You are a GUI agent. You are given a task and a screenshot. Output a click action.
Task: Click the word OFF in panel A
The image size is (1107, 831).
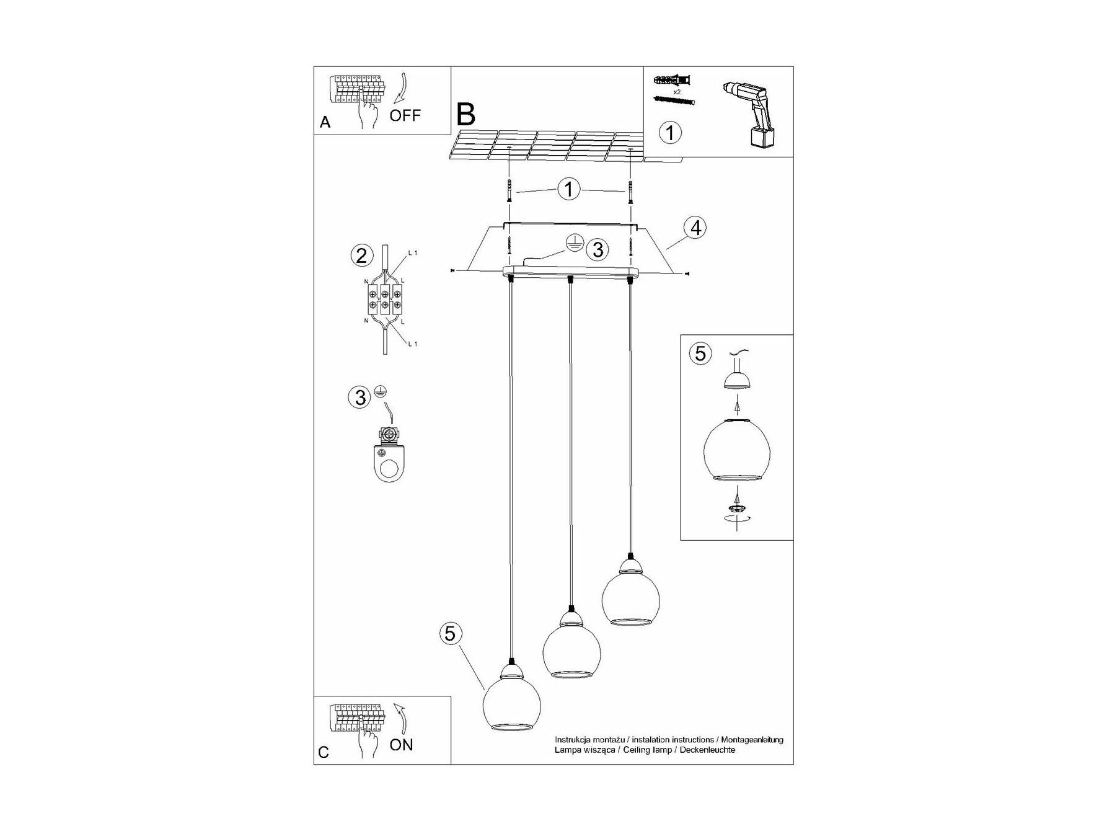click(405, 115)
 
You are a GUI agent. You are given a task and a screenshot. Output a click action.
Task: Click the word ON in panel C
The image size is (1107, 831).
click(401, 745)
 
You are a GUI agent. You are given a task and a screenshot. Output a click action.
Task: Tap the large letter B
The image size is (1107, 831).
click(465, 115)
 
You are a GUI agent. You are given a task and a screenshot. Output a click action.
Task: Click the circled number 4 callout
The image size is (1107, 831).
click(695, 228)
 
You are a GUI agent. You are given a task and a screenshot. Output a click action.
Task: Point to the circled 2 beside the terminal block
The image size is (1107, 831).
click(361, 255)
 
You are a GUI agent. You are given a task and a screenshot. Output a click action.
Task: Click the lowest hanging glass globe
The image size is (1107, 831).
click(511, 703)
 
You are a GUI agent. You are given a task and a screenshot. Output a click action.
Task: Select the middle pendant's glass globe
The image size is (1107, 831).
click(571, 651)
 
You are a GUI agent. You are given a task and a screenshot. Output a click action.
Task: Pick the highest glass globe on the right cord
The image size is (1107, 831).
click(630, 596)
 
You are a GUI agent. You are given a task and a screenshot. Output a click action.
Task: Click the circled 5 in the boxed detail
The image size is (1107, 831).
click(700, 353)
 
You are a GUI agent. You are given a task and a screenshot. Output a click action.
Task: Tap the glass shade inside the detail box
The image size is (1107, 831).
click(736, 450)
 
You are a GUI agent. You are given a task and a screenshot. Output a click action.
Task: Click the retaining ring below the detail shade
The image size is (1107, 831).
click(736, 509)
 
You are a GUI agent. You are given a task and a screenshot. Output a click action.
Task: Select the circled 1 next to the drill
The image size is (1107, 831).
click(670, 132)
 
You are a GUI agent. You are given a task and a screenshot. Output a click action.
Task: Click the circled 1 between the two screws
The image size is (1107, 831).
click(569, 189)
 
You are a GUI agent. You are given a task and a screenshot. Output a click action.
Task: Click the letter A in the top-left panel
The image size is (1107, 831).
click(325, 123)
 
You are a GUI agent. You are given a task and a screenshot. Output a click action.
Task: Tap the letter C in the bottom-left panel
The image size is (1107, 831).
click(324, 753)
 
